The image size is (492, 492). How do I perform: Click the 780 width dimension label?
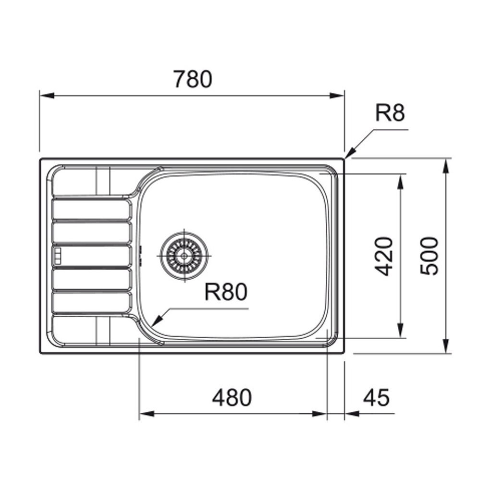coord(192,79)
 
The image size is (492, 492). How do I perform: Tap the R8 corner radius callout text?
coord(390,113)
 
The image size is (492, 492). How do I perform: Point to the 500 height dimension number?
coord(429,256)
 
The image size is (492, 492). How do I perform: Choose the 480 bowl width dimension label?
coord(232,398)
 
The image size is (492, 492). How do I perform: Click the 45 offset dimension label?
coord(377,398)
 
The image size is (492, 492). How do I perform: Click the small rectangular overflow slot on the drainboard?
coord(58,256)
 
